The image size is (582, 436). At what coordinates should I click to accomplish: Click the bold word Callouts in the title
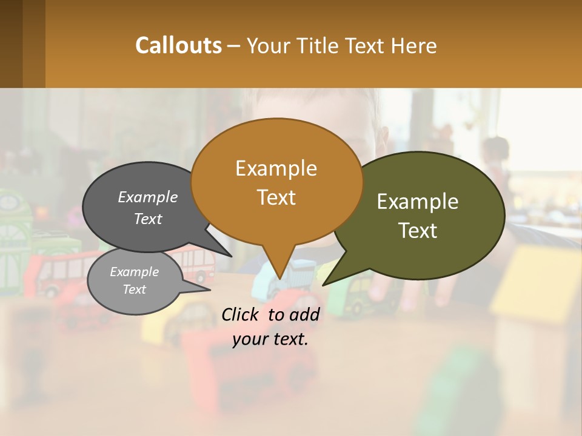(x=178, y=45)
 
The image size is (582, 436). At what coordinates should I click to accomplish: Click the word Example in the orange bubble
(x=276, y=168)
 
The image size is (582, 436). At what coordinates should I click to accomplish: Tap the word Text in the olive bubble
(x=418, y=231)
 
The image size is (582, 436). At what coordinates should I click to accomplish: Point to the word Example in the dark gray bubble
(x=147, y=197)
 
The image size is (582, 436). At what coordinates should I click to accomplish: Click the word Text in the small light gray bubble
(x=135, y=289)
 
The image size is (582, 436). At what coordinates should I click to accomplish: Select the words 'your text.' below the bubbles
(x=270, y=339)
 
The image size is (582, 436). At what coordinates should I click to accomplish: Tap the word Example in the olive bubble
(x=418, y=202)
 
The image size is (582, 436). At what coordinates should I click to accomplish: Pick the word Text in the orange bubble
(x=276, y=197)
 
